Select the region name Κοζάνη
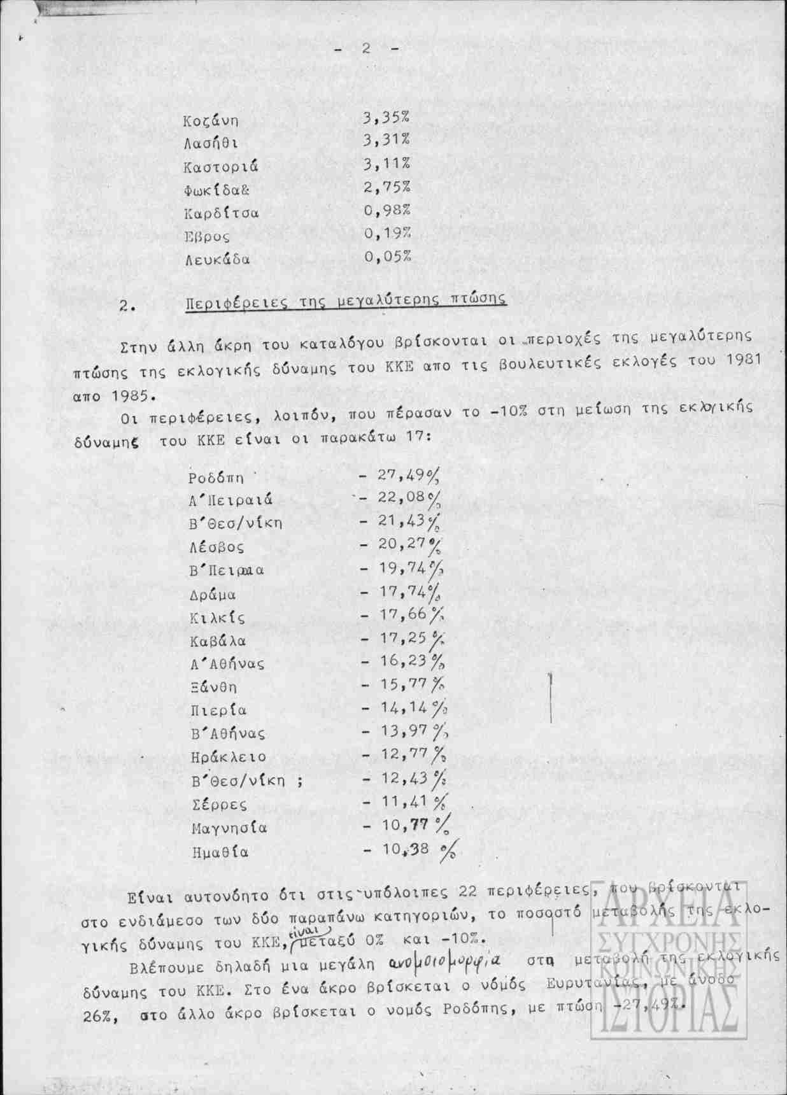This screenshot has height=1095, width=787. (210, 121)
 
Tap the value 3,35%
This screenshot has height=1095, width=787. (386, 118)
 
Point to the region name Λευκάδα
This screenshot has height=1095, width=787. (217, 260)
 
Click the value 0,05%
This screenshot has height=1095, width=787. (387, 256)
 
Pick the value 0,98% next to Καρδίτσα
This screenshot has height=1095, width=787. (387, 210)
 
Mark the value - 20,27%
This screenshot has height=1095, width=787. (401, 546)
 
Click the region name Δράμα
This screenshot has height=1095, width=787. (213, 595)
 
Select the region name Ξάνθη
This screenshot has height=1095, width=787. (213, 687)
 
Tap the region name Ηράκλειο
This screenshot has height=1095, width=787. (228, 758)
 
